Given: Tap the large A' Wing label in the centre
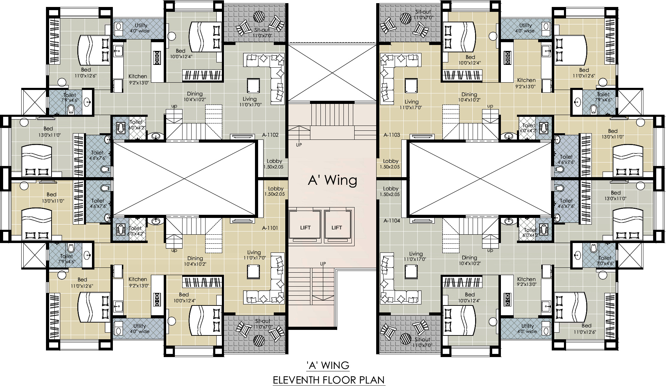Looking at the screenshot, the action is pyautogui.click(x=333, y=180).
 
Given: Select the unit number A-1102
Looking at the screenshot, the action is pyautogui.click(x=270, y=135).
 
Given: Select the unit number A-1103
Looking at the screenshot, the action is pyautogui.click(x=392, y=135).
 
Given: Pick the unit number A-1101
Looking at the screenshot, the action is pyautogui.click(x=270, y=228).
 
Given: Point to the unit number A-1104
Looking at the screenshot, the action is pyautogui.click(x=392, y=221).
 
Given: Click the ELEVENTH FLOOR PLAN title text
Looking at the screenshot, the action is pyautogui.click(x=329, y=380).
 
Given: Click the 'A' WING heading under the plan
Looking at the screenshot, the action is pyautogui.click(x=328, y=365).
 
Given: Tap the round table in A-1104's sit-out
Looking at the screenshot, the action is pyautogui.click(x=406, y=338).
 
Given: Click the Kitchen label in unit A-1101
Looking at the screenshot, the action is pyautogui.click(x=138, y=279).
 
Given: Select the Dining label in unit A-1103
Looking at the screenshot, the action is pyautogui.click(x=469, y=94).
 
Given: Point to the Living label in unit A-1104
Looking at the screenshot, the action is pyautogui.click(x=416, y=254).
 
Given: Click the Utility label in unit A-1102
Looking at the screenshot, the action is pyautogui.click(x=141, y=25).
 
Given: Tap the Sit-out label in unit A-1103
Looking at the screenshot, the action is pyautogui.click(x=423, y=12).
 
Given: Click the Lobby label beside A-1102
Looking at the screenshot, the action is pyautogui.click(x=274, y=161).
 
